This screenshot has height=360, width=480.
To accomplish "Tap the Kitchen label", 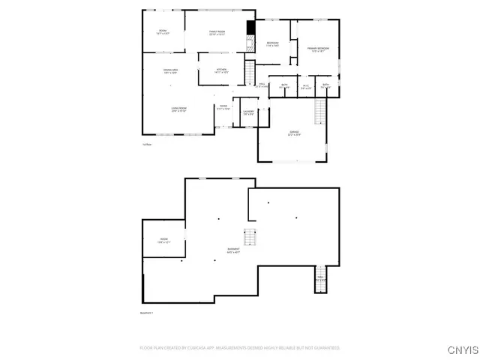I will click(221, 71).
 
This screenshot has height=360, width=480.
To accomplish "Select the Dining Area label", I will click(170, 72).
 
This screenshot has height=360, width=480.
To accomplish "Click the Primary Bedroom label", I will click(317, 49).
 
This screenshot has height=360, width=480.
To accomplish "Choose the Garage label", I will click(294, 134).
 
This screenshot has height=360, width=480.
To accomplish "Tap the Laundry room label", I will click(248, 112).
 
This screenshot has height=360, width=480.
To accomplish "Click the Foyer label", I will click(223, 107).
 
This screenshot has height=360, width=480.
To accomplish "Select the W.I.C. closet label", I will click(306, 86).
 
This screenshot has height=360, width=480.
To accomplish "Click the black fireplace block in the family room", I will click(250, 28).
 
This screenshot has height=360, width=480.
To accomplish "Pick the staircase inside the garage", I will click(319, 112).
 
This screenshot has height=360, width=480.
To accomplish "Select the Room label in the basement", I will click(163, 241).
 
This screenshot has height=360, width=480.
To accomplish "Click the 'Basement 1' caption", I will click(147, 312).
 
